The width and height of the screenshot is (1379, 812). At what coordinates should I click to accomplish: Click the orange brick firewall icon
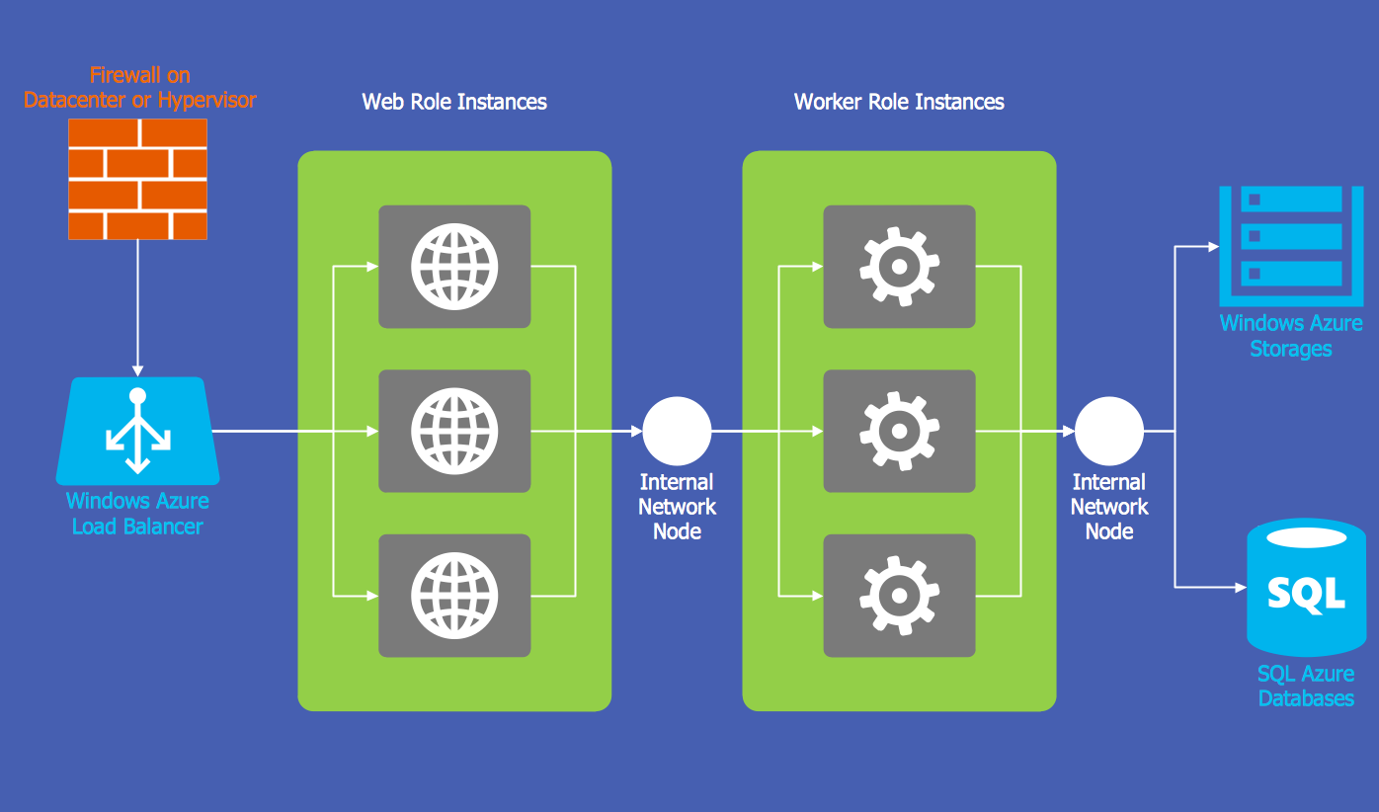[137, 179]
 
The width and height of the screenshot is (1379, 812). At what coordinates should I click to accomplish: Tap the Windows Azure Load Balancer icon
[137, 432]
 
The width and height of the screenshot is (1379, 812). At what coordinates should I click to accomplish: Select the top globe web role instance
[454, 267]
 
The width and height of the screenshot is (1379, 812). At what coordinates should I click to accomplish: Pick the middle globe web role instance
[454, 432]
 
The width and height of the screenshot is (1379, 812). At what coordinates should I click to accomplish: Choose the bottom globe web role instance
[454, 596]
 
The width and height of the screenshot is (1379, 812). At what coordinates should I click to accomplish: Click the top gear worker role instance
[899, 267]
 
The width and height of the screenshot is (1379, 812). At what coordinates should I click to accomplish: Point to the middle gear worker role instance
[899, 432]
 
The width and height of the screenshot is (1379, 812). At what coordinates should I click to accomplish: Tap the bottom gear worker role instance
[899, 596]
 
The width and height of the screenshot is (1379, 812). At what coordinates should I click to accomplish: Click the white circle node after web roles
[677, 432]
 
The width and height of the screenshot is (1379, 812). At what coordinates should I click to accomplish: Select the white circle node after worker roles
[1109, 432]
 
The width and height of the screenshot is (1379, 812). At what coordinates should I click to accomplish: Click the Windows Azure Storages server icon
[1279, 245]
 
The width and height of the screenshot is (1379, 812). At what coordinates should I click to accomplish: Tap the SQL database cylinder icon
[1306, 587]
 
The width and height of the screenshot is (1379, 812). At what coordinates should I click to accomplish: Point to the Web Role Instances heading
[454, 102]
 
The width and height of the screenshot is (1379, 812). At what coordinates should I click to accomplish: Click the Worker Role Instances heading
[899, 102]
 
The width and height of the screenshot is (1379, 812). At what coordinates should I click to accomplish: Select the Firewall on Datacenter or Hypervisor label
[139, 87]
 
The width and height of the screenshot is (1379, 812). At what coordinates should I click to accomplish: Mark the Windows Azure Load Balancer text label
[137, 514]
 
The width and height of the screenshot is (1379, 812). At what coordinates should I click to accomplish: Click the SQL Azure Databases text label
[1306, 686]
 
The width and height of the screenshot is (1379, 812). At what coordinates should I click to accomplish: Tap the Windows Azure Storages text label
[1290, 336]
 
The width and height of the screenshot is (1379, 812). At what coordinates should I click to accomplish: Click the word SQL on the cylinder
[1306, 594]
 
